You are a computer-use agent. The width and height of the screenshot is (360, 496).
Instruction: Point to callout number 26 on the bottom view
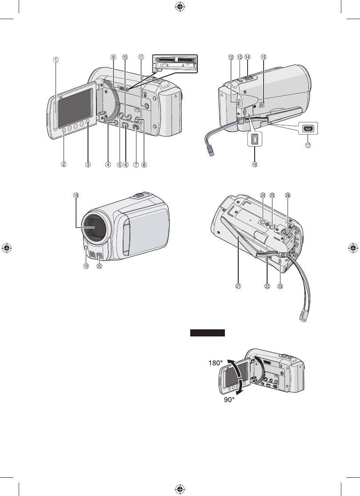click(288, 195)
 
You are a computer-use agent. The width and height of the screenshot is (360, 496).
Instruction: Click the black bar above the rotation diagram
click(208, 333)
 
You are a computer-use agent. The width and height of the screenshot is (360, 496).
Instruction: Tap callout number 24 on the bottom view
click(263, 195)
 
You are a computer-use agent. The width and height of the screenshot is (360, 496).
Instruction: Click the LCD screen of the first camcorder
click(74, 108)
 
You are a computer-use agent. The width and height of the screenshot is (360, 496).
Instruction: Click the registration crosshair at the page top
click(180, 7)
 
